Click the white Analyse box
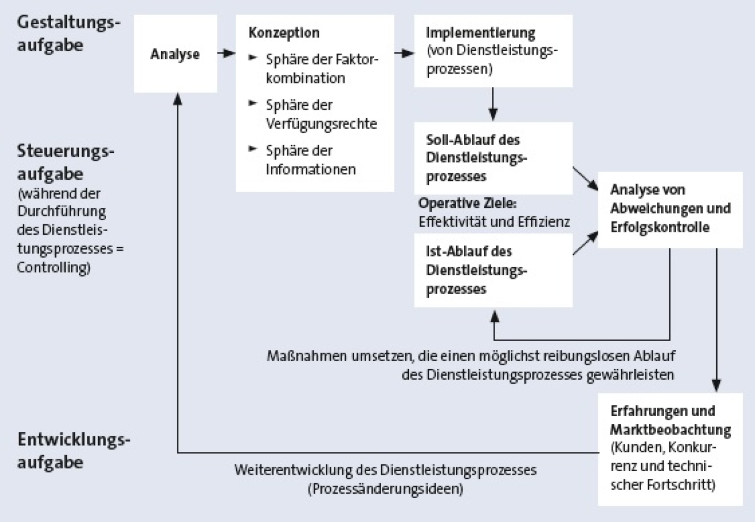(x=176, y=53)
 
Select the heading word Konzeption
(x=284, y=33)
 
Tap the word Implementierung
(x=481, y=33)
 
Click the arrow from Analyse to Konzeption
(x=226, y=53)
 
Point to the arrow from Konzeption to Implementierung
(x=404, y=53)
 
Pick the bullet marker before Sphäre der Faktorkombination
(x=253, y=57)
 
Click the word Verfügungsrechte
(x=321, y=124)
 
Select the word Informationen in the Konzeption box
(x=311, y=170)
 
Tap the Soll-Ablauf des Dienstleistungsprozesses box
(x=493, y=158)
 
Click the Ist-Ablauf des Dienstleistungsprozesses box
(x=493, y=270)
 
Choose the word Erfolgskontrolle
(x=660, y=227)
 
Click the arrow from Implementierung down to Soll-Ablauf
(x=493, y=104)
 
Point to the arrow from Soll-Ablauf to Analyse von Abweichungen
(x=585, y=178)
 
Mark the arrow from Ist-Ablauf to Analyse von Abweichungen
(x=585, y=243)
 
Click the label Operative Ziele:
(x=468, y=204)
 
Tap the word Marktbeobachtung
(x=671, y=430)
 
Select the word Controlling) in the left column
(x=53, y=268)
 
